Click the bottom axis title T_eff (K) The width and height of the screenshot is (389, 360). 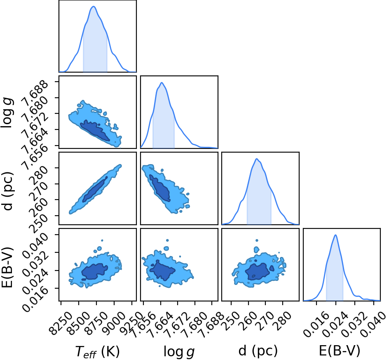(x=97, y=352)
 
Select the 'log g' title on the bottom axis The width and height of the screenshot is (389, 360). (x=179, y=352)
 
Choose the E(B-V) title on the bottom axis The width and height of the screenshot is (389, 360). (x=340, y=351)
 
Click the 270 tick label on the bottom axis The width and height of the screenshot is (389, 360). (x=265, y=321)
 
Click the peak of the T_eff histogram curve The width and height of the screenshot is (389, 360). (x=94, y=7)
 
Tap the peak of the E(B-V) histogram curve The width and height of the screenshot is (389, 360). (x=335, y=235)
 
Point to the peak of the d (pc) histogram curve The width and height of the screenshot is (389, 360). (x=257, y=159)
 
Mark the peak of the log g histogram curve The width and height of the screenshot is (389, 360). (x=162, y=82)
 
